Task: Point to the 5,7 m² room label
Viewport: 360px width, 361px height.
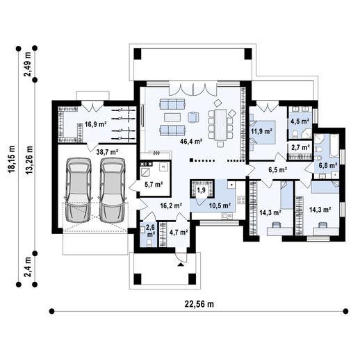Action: point(153,185)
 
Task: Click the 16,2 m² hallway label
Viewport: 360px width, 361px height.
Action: point(171,205)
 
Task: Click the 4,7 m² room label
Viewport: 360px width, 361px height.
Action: point(179,231)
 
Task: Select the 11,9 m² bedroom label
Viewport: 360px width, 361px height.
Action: point(261,130)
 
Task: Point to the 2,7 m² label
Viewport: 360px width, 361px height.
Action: point(300,148)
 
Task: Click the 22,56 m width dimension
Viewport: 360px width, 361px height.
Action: point(199,303)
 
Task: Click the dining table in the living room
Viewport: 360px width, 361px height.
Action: point(222,124)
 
